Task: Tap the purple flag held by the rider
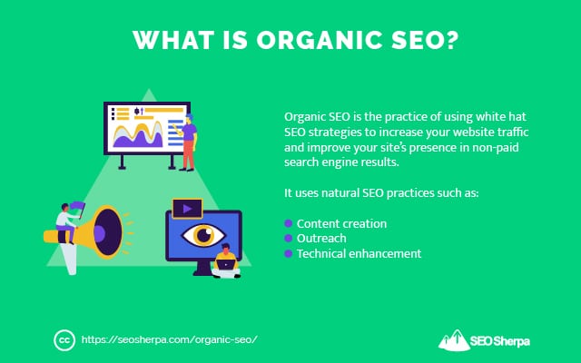click(77, 209)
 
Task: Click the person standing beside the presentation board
click(187, 141)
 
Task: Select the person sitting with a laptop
click(225, 264)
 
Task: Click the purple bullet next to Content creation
click(289, 223)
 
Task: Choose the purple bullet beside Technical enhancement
click(289, 254)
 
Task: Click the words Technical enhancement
click(359, 254)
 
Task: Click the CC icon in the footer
click(63, 339)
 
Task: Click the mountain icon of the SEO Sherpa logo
click(453, 339)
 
